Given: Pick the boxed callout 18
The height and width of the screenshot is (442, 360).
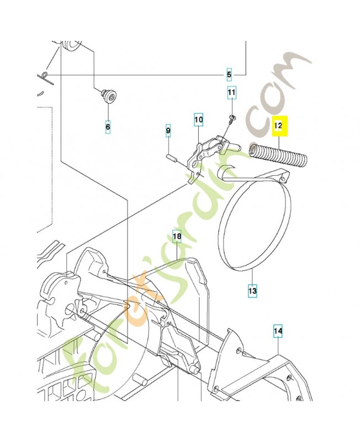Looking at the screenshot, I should tap(177, 237).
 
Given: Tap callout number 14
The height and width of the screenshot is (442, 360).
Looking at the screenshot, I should tap(278, 331).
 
